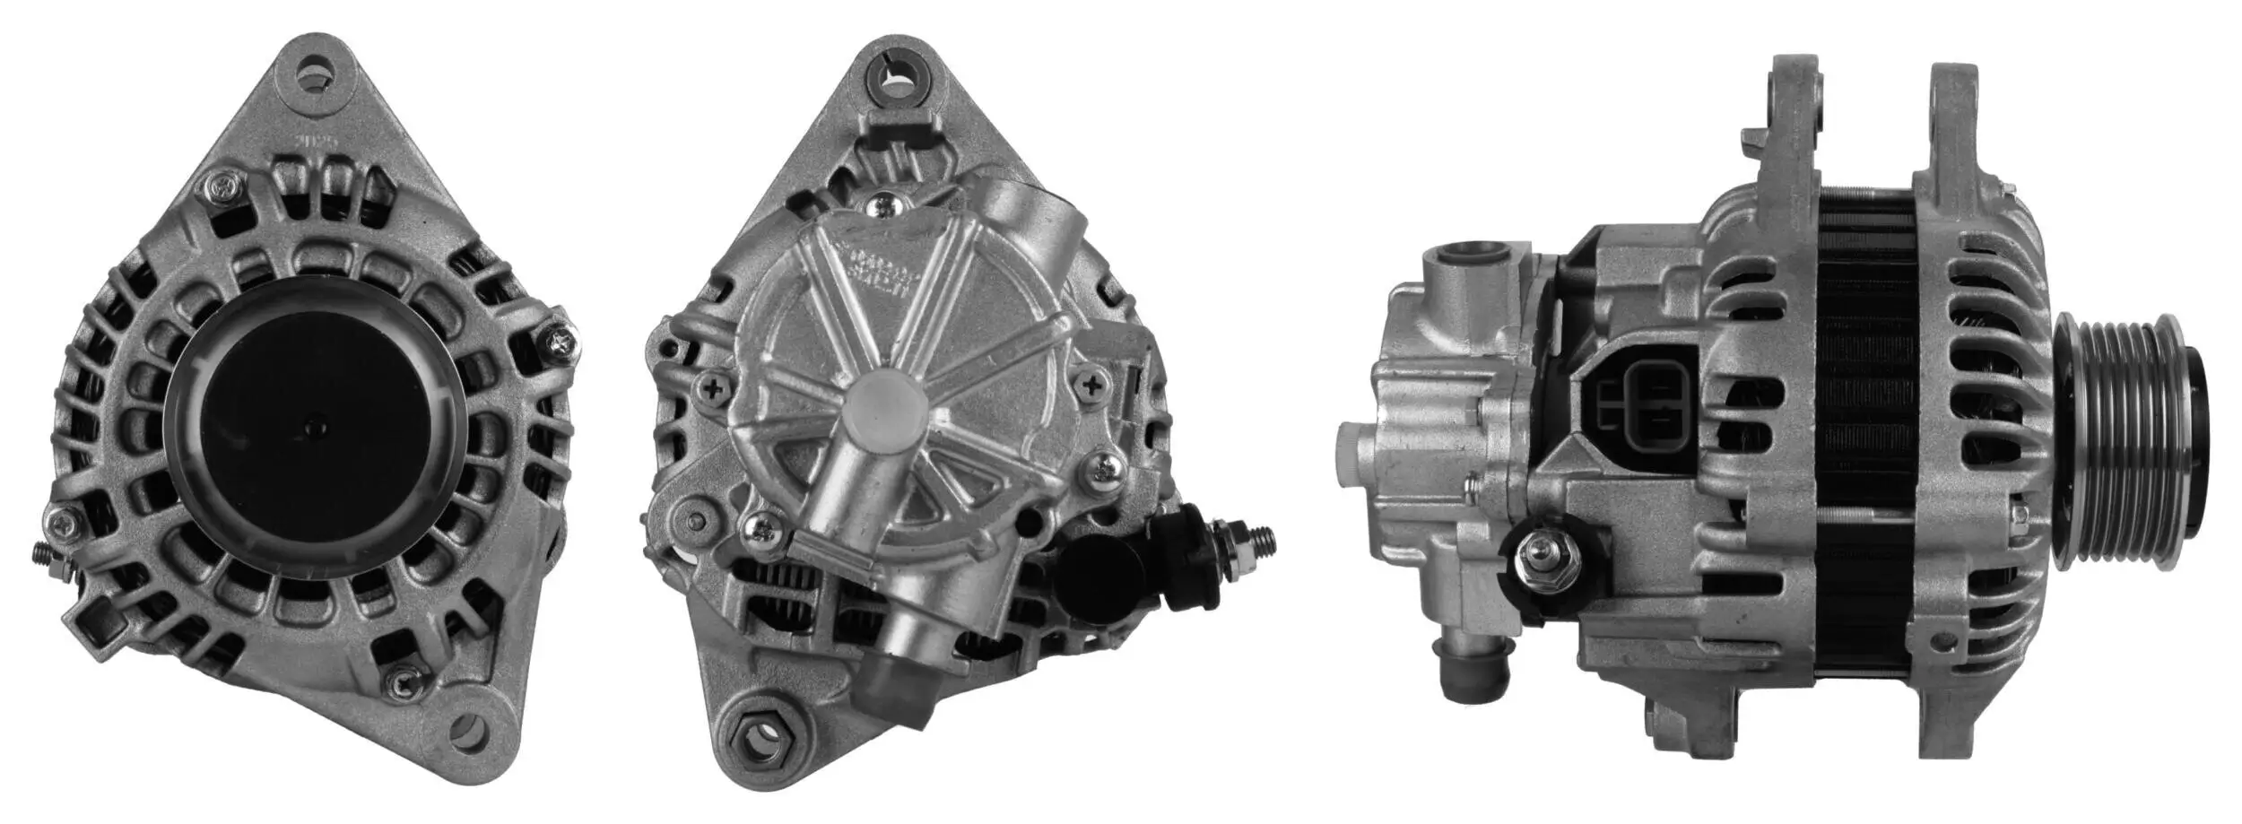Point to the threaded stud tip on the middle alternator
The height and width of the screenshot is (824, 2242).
(x=1264, y=539)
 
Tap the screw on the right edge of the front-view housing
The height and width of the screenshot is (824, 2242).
(x=561, y=339)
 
